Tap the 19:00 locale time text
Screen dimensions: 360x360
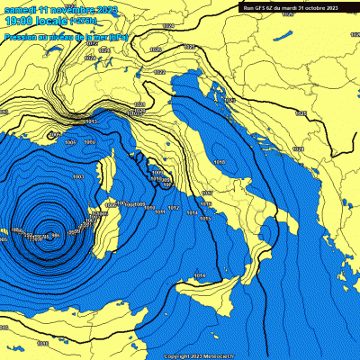[28, 21]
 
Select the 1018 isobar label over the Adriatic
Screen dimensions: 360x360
[220, 162]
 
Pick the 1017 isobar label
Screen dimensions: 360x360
[206, 193]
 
